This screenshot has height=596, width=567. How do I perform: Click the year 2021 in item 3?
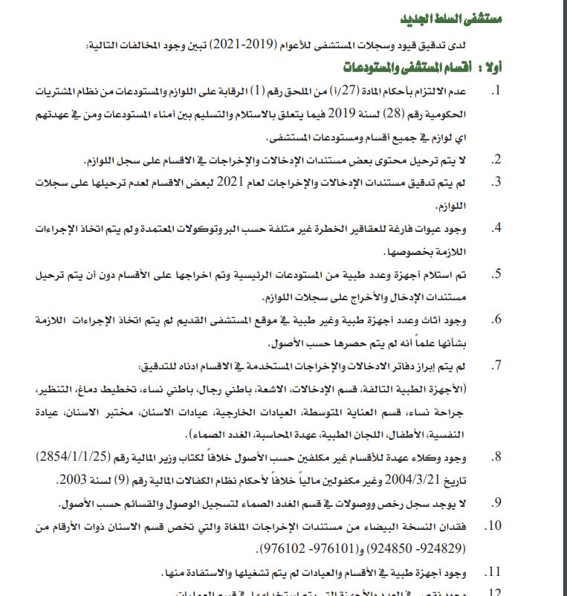[x=230, y=181]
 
